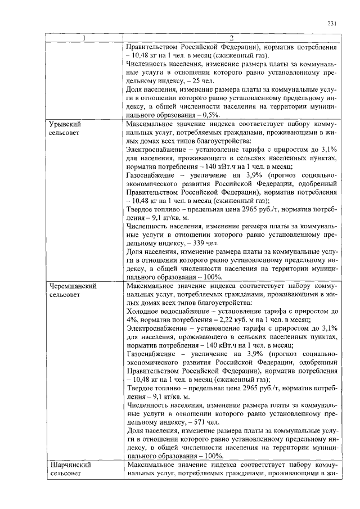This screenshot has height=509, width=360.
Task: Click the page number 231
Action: click(331, 23)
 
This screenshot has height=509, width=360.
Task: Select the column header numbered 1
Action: click(85, 38)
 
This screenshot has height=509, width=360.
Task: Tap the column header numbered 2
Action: click(232, 38)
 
